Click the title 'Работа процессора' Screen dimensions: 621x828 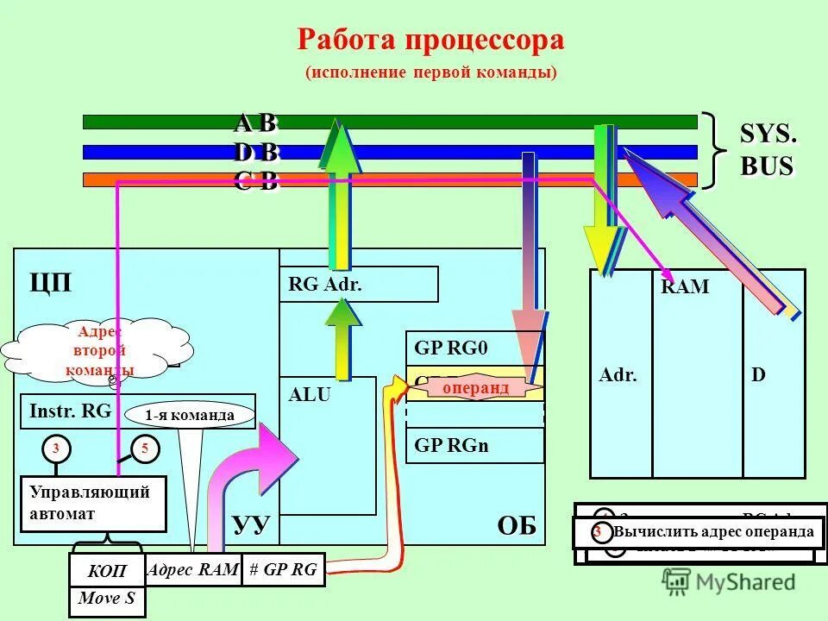click(430, 41)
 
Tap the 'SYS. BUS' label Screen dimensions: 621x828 click(767, 150)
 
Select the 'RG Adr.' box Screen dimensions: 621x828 click(358, 284)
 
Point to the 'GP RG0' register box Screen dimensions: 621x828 click(474, 348)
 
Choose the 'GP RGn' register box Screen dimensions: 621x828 click(474, 446)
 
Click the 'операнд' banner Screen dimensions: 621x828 click(475, 389)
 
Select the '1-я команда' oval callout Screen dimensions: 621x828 click(190, 416)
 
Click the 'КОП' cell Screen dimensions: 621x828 click(107, 571)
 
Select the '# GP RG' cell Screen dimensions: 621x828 click(283, 569)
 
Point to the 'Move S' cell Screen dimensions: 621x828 click(107, 599)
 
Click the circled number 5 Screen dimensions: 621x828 click(145, 448)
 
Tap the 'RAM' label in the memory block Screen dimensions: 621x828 click(685, 287)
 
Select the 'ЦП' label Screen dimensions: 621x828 click(50, 283)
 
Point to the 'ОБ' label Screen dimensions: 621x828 click(517, 525)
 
